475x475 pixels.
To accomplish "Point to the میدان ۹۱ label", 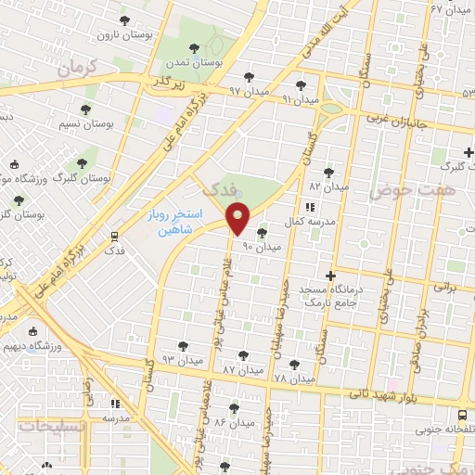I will click(300, 98).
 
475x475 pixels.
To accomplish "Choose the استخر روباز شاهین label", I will click(170, 221).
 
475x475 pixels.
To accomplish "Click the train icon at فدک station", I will click(114, 236).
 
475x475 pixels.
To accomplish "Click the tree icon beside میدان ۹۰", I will click(261, 233).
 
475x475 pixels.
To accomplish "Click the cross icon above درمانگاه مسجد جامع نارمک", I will click(330, 276).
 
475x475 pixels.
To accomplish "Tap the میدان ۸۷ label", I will click(241, 369).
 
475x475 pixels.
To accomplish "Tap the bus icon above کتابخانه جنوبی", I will click(462, 417).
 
